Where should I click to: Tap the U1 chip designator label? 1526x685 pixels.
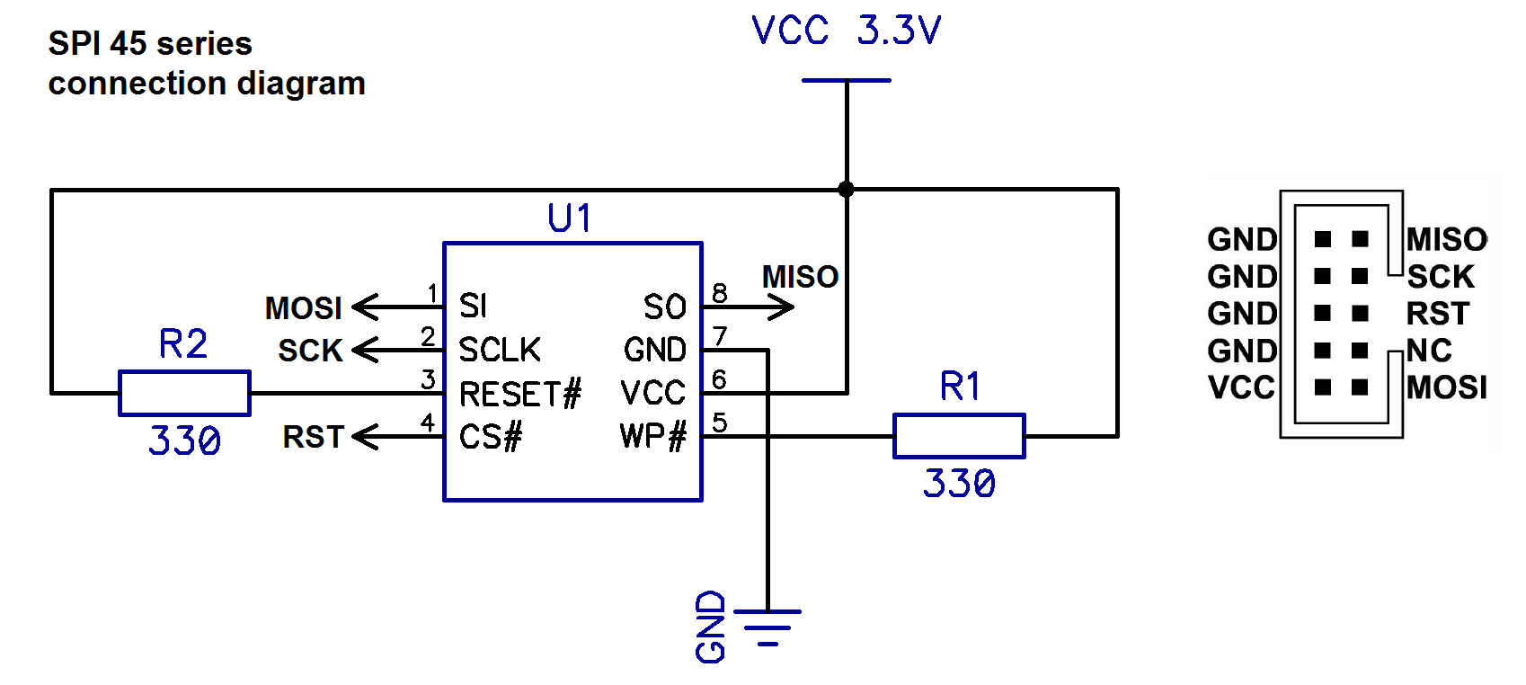click(570, 218)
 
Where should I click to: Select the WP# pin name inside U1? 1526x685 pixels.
click(652, 437)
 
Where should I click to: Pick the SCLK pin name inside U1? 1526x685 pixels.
click(500, 351)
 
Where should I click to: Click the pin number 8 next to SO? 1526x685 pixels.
click(719, 294)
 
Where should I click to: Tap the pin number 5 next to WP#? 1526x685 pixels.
click(719, 423)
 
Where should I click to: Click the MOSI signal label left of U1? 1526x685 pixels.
click(303, 308)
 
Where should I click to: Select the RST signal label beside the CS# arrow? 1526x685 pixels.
click(313, 437)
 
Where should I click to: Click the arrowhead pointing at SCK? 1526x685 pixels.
click(365, 351)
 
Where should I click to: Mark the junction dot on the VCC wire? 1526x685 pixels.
click(846, 190)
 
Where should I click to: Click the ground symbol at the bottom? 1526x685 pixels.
click(767, 627)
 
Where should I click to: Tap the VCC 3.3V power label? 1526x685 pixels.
click(846, 31)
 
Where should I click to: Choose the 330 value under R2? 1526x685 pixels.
click(184, 440)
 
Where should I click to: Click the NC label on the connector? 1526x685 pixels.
click(1429, 351)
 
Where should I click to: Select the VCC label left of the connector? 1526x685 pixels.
click(1240, 387)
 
